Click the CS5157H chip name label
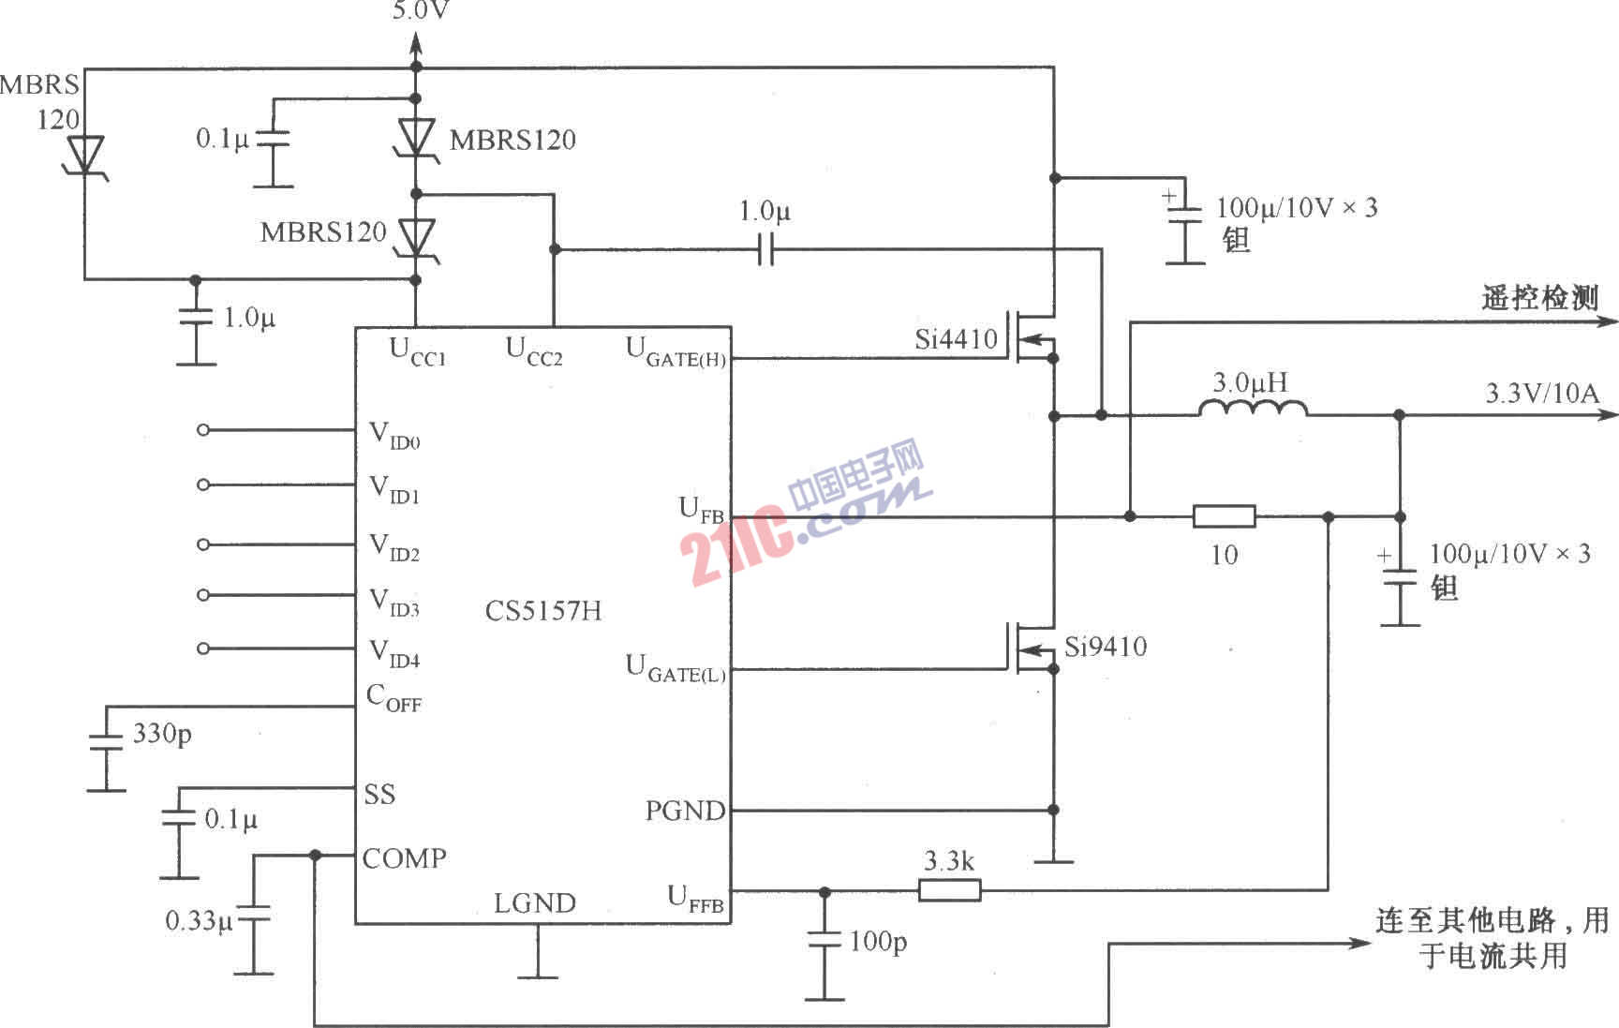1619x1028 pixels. tap(543, 611)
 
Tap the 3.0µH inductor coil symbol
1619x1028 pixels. tap(1253, 408)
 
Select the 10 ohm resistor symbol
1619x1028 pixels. tap(1224, 516)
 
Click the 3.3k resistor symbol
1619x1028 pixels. tap(949, 889)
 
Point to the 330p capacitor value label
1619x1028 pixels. tap(162, 734)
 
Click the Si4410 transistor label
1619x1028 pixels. tap(957, 339)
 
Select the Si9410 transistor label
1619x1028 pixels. tap(1106, 647)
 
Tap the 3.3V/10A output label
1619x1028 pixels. tap(1542, 393)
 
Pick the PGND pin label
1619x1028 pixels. tap(685, 811)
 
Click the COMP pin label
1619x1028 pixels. tap(404, 858)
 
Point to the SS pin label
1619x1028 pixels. tap(379, 795)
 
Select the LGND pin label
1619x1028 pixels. tap(535, 903)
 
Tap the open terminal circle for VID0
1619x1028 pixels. tap(204, 430)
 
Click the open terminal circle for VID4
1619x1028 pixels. tap(204, 648)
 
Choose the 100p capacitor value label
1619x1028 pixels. tap(878, 942)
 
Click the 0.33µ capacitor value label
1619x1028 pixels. tap(199, 921)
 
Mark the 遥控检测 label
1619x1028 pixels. tap(1539, 298)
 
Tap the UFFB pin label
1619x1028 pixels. tap(695, 899)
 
